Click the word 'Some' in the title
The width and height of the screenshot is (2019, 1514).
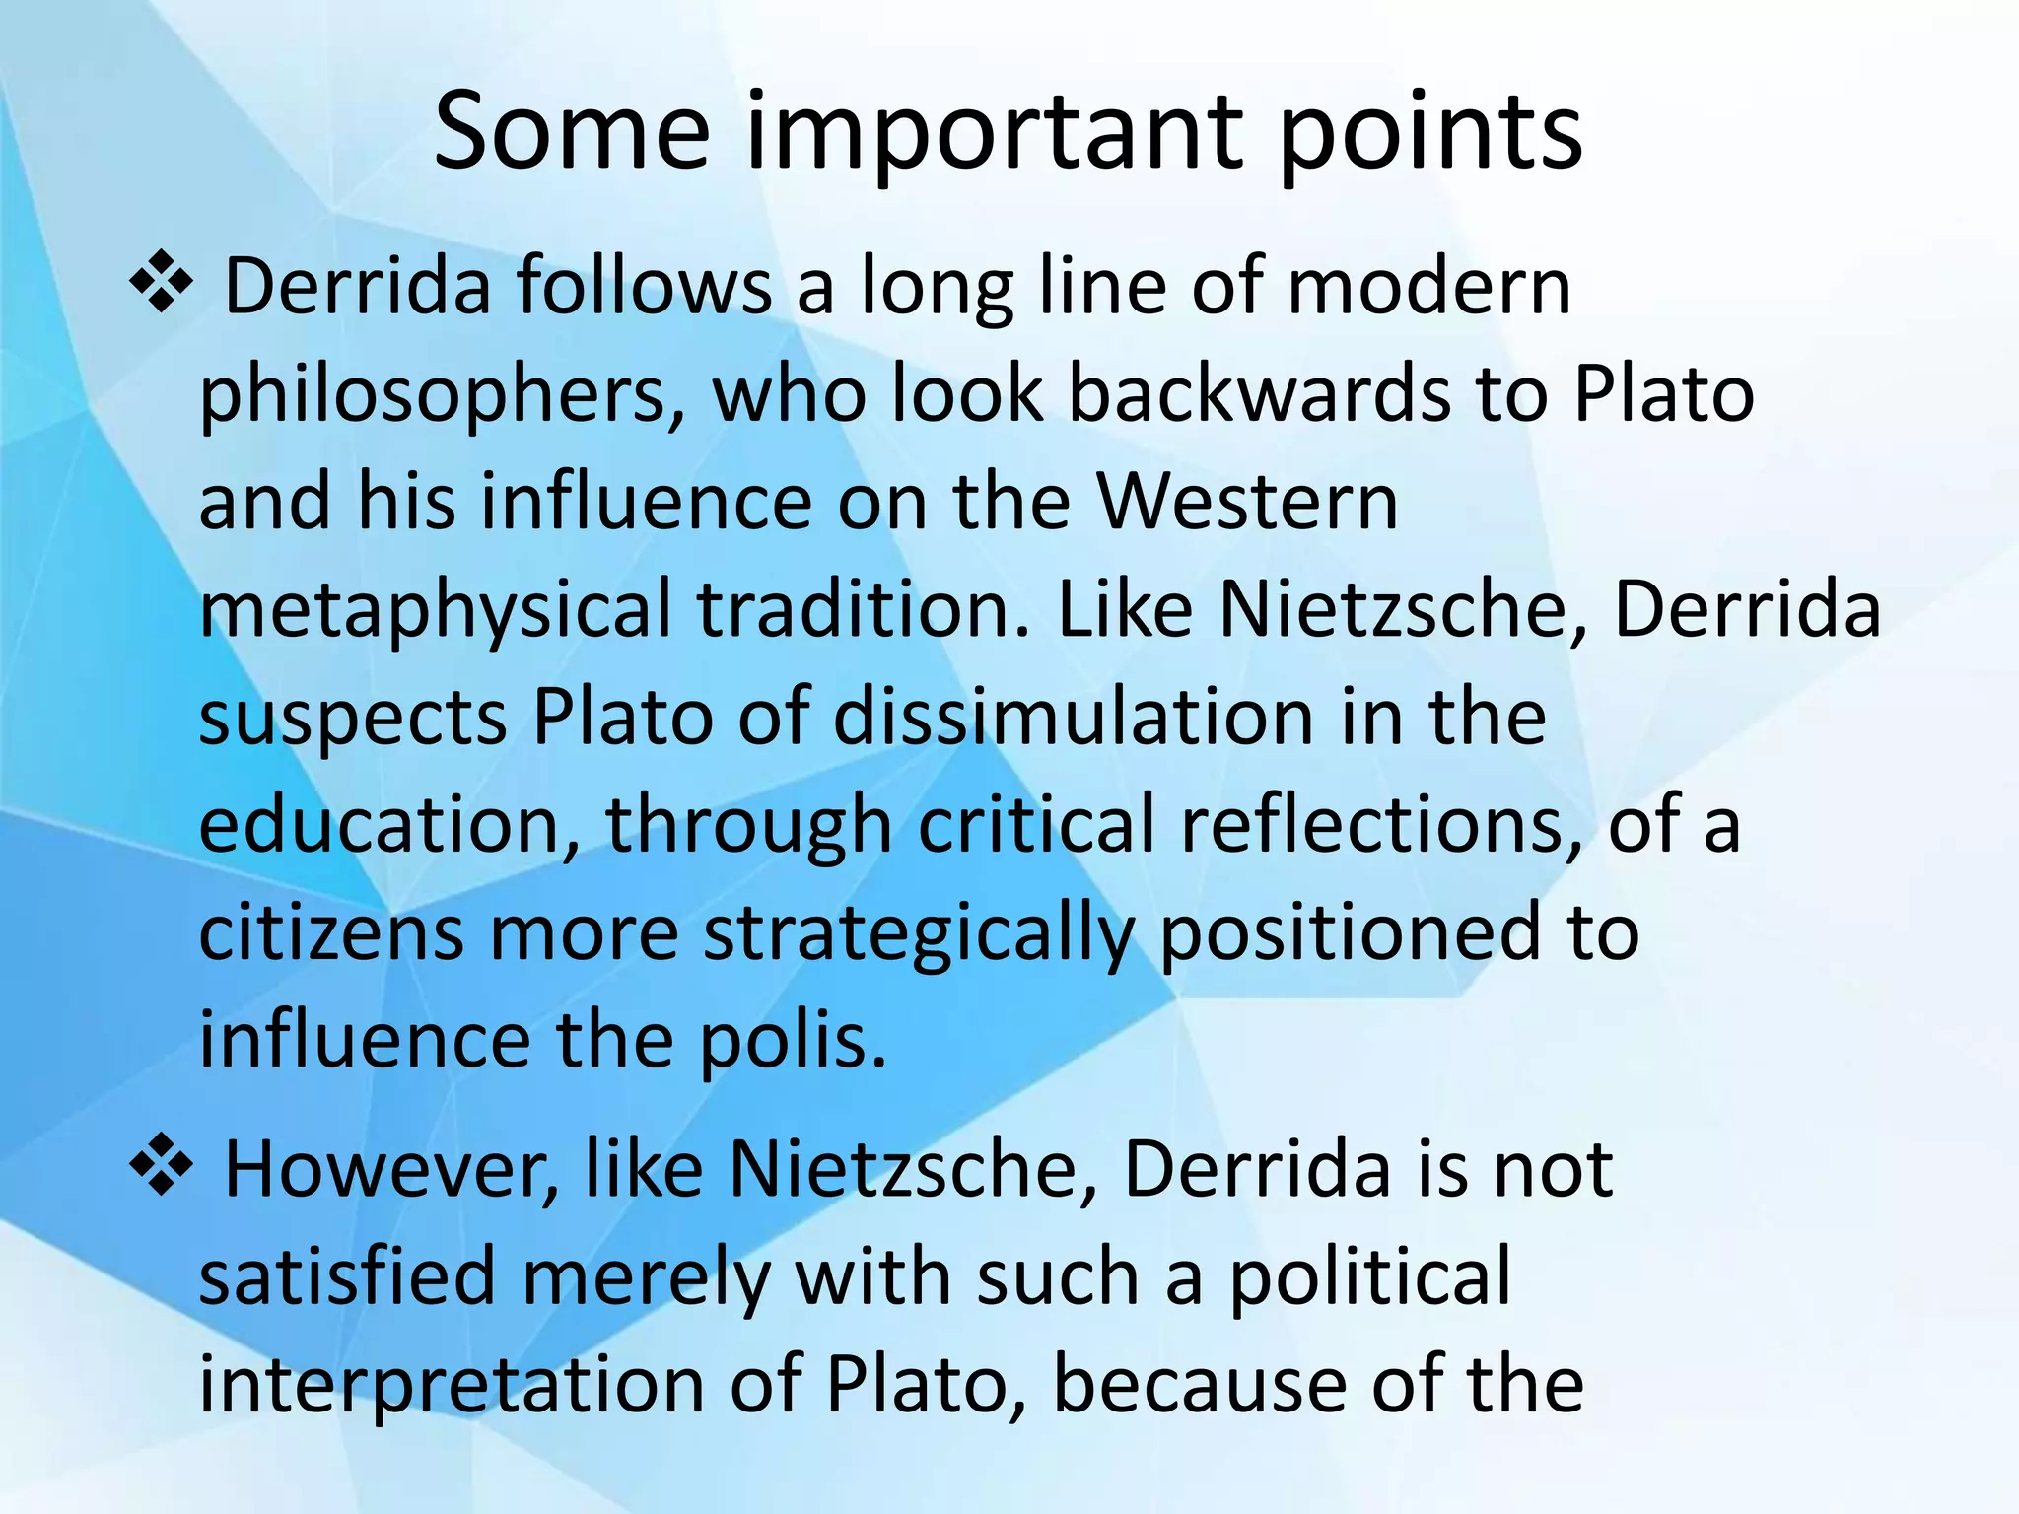tap(572, 133)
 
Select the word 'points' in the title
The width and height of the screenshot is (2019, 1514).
tap(1430, 133)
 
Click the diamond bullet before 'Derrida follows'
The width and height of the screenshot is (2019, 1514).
tap(160, 287)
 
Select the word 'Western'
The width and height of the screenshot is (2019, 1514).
tap(1247, 503)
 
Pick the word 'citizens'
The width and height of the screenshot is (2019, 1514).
tap(331, 934)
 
